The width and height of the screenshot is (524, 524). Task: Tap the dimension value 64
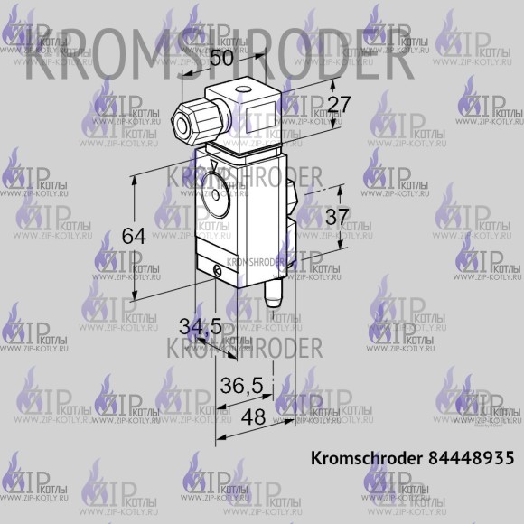[134, 236]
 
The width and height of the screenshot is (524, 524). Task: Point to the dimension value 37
[337, 218]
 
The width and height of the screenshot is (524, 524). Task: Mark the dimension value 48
[255, 418]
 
